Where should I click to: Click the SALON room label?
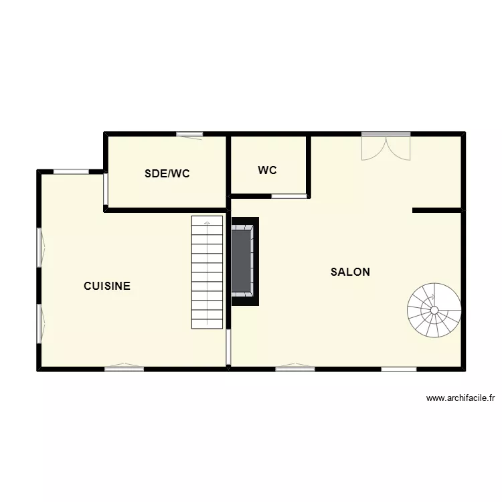coord(350,272)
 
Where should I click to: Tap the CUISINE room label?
coord(107,286)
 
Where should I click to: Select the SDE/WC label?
coord(167,174)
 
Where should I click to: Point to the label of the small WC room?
coord(268,171)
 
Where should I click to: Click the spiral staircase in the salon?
coord(434,310)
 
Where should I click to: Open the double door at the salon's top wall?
coord(386,146)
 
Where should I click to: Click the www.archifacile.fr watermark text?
coord(461,398)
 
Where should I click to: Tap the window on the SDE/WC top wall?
coord(190,135)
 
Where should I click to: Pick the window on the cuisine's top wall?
coord(71,172)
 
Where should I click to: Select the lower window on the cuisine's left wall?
coord(39,324)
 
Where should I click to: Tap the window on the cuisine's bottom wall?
coord(124,367)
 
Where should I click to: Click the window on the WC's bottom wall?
coord(289,196)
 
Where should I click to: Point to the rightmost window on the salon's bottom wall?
coord(399,368)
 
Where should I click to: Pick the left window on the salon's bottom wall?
coord(295,367)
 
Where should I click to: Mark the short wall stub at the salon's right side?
coord(437,211)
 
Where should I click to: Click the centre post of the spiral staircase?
coord(434,310)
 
